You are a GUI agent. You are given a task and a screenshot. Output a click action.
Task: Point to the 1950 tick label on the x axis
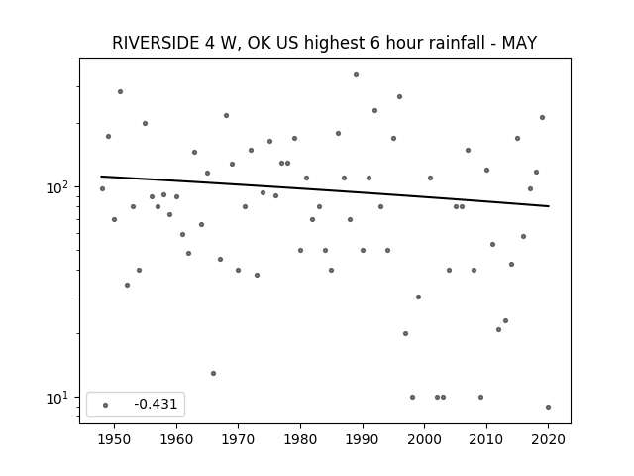pyautogui.click(x=115, y=439)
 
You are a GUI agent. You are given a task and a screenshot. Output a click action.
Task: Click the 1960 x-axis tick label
pyautogui.click(x=176, y=439)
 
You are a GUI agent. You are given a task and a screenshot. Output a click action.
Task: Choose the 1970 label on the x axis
pyautogui.click(x=238, y=439)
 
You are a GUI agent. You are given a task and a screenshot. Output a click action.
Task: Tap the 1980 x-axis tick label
pyautogui.click(x=300, y=439)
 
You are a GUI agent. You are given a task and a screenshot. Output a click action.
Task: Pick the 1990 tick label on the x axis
pyautogui.click(x=363, y=439)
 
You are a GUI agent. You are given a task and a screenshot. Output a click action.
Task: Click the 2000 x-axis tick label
pyautogui.click(x=425, y=439)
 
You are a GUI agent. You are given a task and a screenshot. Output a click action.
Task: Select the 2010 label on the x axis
pyautogui.click(x=486, y=439)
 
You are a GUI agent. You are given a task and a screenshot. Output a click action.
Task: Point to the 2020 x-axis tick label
pyautogui.click(x=548, y=439)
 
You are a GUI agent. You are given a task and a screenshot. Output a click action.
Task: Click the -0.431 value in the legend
pyautogui.click(x=156, y=404)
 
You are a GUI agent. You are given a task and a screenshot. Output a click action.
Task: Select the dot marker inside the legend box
pyautogui.click(x=106, y=405)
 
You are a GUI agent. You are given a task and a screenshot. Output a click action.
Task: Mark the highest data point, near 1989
pyautogui.click(x=356, y=75)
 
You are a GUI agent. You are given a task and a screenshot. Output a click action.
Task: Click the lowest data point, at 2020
pyautogui.click(x=548, y=408)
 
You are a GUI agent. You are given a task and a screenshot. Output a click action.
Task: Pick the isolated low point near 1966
pyautogui.click(x=214, y=373)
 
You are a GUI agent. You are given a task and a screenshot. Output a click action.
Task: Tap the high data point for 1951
pyautogui.click(x=120, y=92)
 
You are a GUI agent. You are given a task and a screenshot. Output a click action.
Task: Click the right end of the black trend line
pyautogui.click(x=549, y=206)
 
